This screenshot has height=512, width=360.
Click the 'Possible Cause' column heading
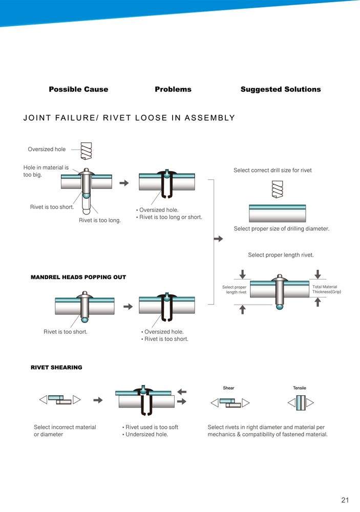coord(78,89)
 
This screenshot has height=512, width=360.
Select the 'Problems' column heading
coord(173,89)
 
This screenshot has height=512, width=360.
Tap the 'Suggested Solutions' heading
coord(281,89)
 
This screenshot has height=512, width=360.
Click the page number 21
coord(345,500)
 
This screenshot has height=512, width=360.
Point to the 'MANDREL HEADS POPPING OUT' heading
coord(78,277)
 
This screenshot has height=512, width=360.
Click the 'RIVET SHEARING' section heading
coord(56,367)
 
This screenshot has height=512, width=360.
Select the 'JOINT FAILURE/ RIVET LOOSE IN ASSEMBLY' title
coord(130,118)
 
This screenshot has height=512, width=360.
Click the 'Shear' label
coord(228,388)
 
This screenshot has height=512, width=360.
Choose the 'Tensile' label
coord(300,388)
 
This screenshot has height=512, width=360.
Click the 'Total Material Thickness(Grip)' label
coord(327,289)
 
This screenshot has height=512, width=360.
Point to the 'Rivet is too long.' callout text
coord(100,221)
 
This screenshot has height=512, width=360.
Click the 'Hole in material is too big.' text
coord(46,171)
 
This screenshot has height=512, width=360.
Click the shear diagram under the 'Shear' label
coord(230,402)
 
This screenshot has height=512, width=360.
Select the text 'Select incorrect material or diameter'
coord(65,431)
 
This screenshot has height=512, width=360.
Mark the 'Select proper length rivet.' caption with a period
coord(281,255)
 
